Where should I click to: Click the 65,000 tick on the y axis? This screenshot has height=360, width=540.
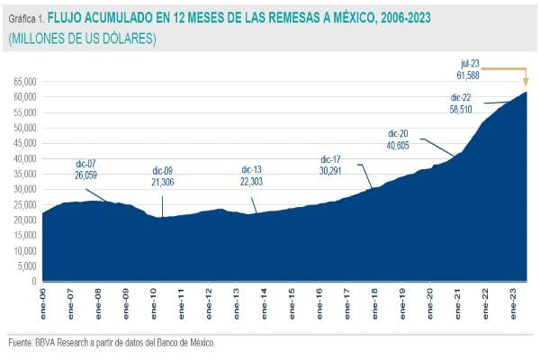tap(23, 81)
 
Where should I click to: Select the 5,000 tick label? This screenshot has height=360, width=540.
tap(26, 265)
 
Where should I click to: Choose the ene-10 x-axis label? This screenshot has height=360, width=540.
tap(155, 298)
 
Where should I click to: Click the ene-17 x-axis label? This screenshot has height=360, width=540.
tap(347, 298)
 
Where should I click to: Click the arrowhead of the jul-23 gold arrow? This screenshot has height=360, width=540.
tap(526, 86)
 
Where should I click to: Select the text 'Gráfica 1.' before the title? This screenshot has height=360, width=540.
tap(26, 17)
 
